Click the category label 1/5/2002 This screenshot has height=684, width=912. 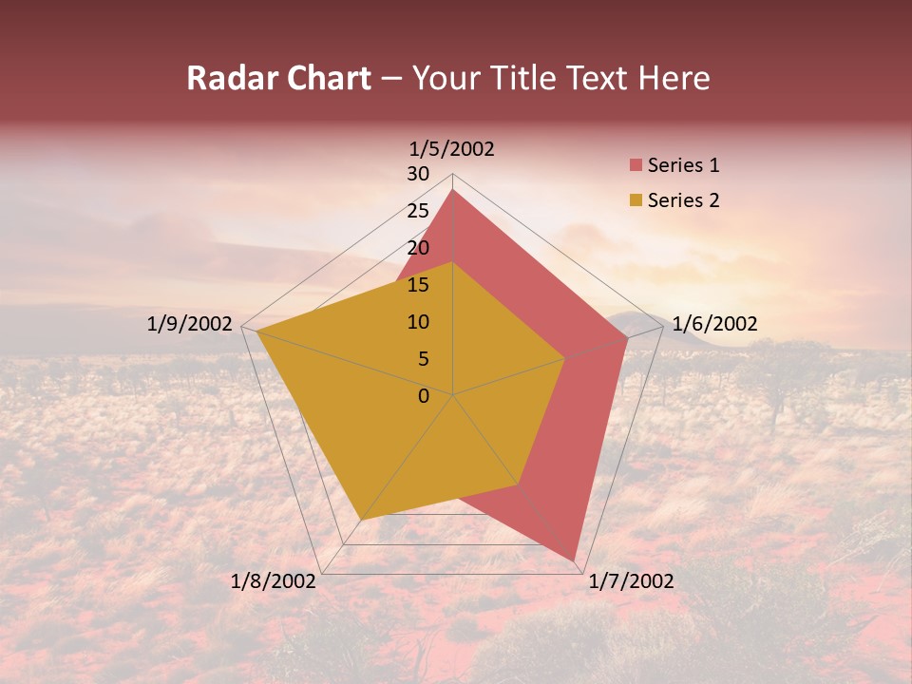pyautogui.click(x=452, y=148)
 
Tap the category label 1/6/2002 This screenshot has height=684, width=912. pyautogui.click(x=714, y=324)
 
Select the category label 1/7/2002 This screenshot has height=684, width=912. pyautogui.click(x=631, y=581)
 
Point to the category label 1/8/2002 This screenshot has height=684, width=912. pyautogui.click(x=274, y=581)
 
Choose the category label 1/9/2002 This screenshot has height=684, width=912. pyautogui.click(x=190, y=324)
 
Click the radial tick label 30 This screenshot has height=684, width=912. pyautogui.click(x=418, y=174)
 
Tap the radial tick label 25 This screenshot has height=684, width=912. pyautogui.click(x=418, y=211)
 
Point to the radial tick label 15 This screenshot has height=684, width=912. pyautogui.click(x=418, y=285)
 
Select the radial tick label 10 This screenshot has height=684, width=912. pyautogui.click(x=418, y=322)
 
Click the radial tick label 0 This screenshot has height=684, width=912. pyautogui.click(x=424, y=396)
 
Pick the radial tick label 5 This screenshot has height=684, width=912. pyautogui.click(x=424, y=359)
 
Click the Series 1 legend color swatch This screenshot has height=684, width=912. pyautogui.click(x=636, y=166)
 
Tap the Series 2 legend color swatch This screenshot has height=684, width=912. pyautogui.click(x=636, y=200)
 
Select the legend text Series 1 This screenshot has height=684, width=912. pyautogui.click(x=683, y=165)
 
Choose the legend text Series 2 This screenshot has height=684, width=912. pyautogui.click(x=683, y=200)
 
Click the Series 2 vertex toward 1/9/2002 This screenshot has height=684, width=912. pyautogui.click(x=256, y=332)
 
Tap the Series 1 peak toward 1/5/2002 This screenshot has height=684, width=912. pyautogui.click(x=453, y=190)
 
